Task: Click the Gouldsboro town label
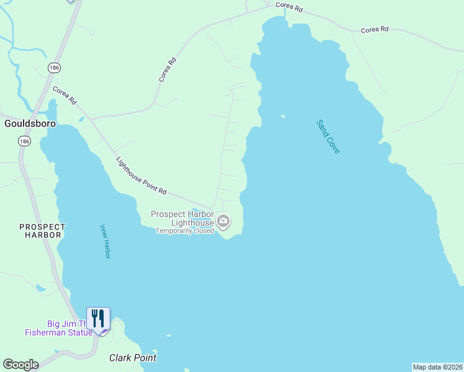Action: pyautogui.click(x=30, y=123)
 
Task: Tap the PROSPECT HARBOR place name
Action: pyautogui.click(x=42, y=231)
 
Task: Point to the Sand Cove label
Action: pyautogui.click(x=328, y=137)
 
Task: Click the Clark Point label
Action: pyautogui.click(x=133, y=358)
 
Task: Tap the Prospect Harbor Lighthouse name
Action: pyautogui.click(x=182, y=218)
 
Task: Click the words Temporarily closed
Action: pyautogui.click(x=185, y=231)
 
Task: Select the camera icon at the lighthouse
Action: pyautogui.click(x=223, y=221)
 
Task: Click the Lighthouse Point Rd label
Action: pyautogui.click(x=141, y=175)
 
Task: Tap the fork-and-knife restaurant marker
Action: pyautogui.click(x=98, y=319)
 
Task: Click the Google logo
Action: pyautogui.click(x=20, y=365)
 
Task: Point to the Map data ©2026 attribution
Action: pyautogui.click(x=437, y=367)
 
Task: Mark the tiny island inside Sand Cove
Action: pyautogui.click(x=282, y=116)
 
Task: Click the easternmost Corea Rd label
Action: pyautogui.click(x=375, y=29)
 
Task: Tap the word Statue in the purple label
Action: pyautogui.click(x=80, y=332)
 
